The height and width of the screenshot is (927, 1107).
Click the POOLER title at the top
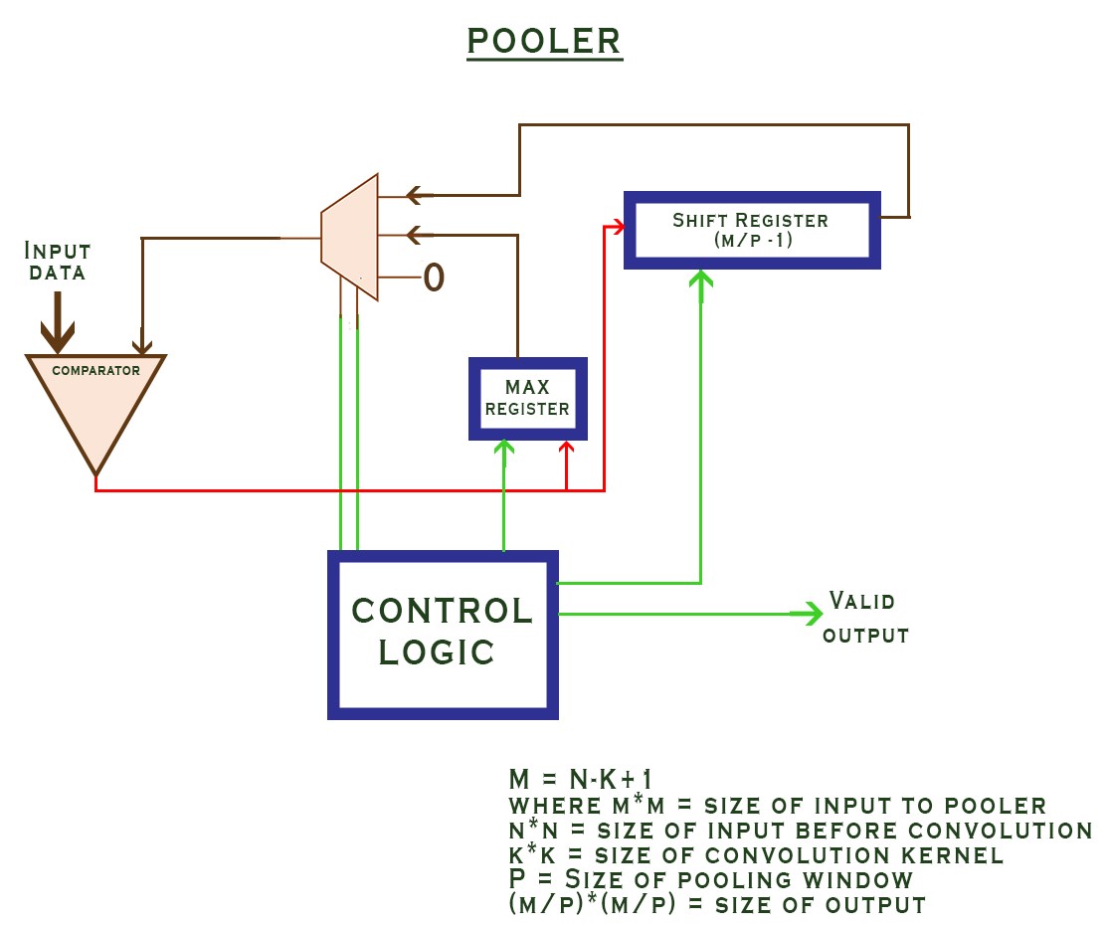pyautogui.click(x=544, y=41)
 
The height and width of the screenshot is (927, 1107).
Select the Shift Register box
pyautogui.click(x=751, y=230)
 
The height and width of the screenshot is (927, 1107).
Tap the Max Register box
pyautogui.click(x=527, y=398)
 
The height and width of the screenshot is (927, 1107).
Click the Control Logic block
pyautogui.click(x=443, y=634)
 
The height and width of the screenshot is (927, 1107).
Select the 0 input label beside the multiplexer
pyautogui.click(x=433, y=278)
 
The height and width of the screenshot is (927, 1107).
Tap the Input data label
pyautogui.click(x=58, y=261)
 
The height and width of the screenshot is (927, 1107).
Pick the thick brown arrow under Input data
pyautogui.click(x=58, y=323)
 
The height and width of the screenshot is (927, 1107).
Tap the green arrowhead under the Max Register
pyautogui.click(x=504, y=450)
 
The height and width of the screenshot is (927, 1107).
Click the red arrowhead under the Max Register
pyautogui.click(x=567, y=450)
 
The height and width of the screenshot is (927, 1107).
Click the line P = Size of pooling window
pyautogui.click(x=710, y=880)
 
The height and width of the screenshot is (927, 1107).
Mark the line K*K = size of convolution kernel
pyautogui.click(x=755, y=855)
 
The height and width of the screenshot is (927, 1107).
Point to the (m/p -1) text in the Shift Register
pyautogui.click(x=751, y=240)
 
